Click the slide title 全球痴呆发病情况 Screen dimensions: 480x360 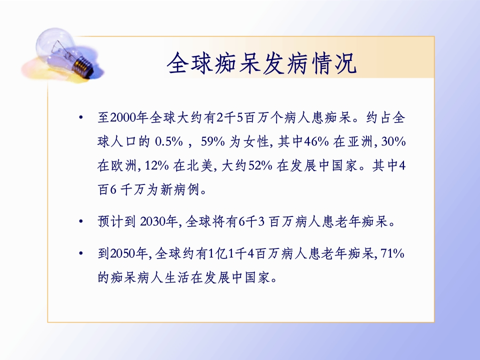pos(261,63)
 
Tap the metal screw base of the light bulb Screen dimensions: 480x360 pos(84,66)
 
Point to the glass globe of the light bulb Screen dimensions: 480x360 pos(56,46)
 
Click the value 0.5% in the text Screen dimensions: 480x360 pos(169,141)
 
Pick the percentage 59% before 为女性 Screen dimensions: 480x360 pos(213,141)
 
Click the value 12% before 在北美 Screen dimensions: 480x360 pos(156,165)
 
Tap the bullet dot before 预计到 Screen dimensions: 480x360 pos(81,221)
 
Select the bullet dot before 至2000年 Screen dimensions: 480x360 pos(81,117)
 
